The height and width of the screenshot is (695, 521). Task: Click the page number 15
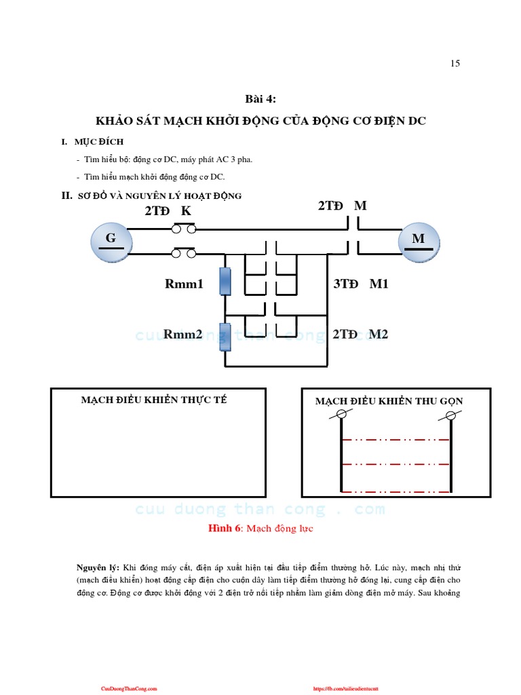(455, 64)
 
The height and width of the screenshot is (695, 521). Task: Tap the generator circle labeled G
(110, 240)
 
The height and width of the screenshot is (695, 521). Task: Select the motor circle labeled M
(418, 240)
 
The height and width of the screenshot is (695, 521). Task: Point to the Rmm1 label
(184, 284)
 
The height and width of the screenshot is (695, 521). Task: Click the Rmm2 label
(184, 335)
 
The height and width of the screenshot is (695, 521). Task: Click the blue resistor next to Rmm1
(225, 281)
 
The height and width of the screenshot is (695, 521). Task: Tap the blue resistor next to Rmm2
(225, 337)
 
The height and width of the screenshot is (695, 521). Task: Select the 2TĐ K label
(168, 211)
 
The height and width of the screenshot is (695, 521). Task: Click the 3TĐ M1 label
(360, 284)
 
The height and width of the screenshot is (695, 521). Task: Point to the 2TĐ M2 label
(360, 335)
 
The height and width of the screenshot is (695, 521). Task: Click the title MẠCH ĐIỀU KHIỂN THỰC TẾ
(154, 400)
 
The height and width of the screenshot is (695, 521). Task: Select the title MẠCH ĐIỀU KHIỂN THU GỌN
(389, 401)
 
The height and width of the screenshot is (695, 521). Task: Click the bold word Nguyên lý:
(98, 566)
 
